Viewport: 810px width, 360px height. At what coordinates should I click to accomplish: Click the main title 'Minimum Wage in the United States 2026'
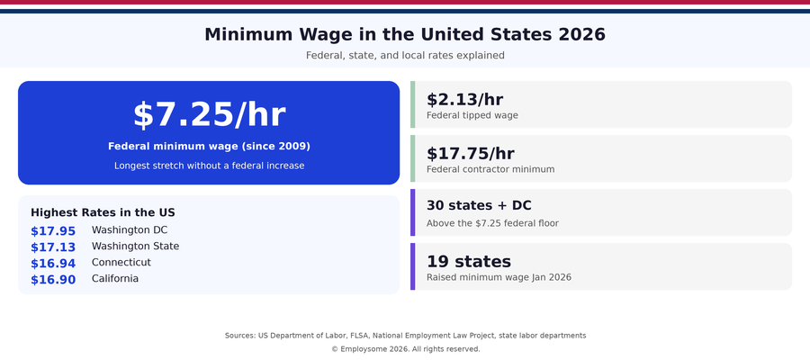pyautogui.click(x=405, y=35)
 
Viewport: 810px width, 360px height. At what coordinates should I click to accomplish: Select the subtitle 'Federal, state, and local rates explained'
pyautogui.click(x=405, y=56)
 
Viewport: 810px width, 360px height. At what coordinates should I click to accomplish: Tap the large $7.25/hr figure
pyautogui.click(x=209, y=115)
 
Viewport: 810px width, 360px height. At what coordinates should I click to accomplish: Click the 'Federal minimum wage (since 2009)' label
pyautogui.click(x=209, y=146)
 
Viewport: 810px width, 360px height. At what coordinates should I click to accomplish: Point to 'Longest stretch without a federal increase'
pyautogui.click(x=209, y=166)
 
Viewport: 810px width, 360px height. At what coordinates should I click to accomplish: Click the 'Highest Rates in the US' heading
pyautogui.click(x=103, y=212)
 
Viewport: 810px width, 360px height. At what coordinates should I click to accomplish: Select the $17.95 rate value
pyautogui.click(x=53, y=231)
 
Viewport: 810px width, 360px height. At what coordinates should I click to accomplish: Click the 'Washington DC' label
pyautogui.click(x=130, y=230)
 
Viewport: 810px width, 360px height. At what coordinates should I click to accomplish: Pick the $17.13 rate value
pyautogui.click(x=53, y=247)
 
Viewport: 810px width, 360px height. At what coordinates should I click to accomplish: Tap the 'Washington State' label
pyautogui.click(x=135, y=247)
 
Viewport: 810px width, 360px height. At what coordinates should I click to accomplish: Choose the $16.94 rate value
pyautogui.click(x=53, y=264)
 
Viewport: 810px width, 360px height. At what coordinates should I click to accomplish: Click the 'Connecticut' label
pyautogui.click(x=121, y=263)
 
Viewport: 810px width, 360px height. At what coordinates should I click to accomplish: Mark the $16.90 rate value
pyautogui.click(x=53, y=280)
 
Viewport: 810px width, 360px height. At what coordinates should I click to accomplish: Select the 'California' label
pyautogui.click(x=115, y=279)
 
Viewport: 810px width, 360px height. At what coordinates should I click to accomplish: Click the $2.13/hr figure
pyautogui.click(x=464, y=99)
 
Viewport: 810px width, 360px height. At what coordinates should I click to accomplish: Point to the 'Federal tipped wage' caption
pyautogui.click(x=472, y=115)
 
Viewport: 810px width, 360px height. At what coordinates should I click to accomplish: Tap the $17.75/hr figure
pyautogui.click(x=470, y=153)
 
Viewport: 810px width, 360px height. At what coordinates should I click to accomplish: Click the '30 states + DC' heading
pyautogui.click(x=479, y=206)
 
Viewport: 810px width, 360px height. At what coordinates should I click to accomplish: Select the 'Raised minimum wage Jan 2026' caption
pyautogui.click(x=499, y=277)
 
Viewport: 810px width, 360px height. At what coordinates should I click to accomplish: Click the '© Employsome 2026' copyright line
pyautogui.click(x=405, y=349)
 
